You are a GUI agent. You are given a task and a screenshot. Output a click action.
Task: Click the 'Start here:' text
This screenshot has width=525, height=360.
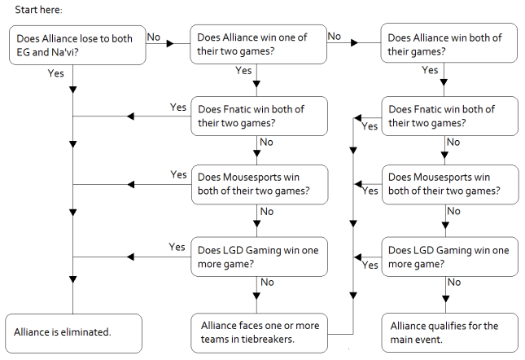tap(38, 9)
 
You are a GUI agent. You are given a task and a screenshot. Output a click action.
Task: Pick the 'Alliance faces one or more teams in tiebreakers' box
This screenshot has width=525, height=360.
tap(258, 332)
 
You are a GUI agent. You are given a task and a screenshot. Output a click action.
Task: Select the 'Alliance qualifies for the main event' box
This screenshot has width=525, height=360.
tap(449, 332)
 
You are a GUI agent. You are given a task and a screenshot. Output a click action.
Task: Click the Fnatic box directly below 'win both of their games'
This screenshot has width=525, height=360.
tap(449, 116)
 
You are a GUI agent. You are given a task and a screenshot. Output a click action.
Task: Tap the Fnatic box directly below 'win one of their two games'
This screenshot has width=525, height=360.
tap(258, 116)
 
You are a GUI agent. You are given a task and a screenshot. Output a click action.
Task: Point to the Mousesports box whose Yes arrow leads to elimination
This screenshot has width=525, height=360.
tap(258, 184)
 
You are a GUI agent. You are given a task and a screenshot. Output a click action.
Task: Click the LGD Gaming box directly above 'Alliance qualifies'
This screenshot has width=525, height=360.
tap(449, 256)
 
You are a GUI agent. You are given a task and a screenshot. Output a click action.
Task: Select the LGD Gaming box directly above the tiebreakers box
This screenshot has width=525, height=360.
tap(258, 256)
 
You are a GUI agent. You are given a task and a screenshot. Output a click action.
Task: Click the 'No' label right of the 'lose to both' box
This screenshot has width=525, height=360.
tap(152, 36)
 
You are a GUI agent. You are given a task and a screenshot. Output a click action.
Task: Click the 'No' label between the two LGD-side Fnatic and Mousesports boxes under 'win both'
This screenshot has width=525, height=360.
tap(453, 143)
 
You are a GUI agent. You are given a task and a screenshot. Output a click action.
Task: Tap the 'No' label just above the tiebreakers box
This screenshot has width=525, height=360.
tap(266, 283)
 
